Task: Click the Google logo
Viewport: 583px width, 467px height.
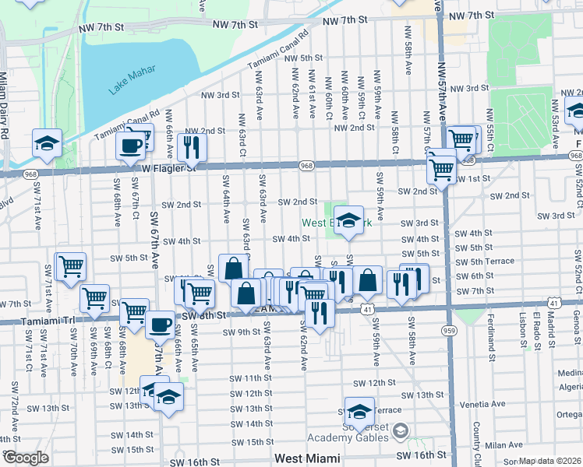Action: (26, 458)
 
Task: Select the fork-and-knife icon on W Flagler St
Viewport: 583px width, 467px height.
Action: (190, 146)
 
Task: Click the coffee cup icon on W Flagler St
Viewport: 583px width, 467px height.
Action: (130, 146)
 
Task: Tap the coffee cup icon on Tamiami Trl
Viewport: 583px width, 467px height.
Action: (161, 324)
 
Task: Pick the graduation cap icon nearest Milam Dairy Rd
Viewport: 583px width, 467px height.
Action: (47, 144)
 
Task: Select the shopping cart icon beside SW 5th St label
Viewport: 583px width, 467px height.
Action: (70, 266)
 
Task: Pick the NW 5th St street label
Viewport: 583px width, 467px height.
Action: (303, 58)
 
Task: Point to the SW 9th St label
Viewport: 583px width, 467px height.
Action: (238, 332)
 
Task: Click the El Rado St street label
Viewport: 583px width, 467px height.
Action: (538, 327)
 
